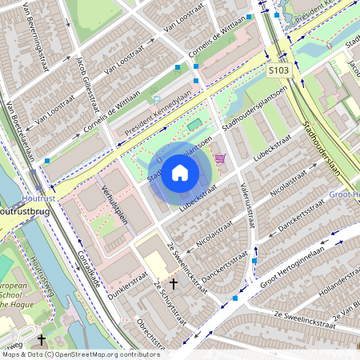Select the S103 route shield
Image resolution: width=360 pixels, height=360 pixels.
pos(278,71)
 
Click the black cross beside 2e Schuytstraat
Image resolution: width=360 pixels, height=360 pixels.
pos(173,283)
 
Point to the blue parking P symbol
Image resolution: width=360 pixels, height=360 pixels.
pos(156,100)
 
